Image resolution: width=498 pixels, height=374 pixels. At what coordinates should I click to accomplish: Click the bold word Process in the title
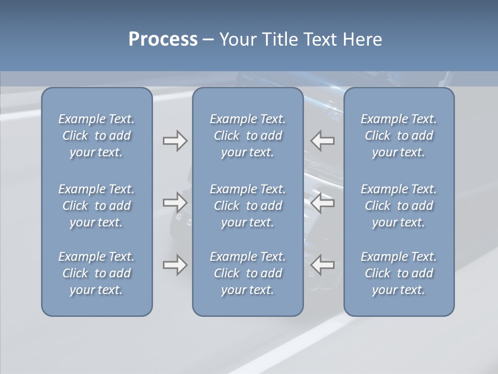(x=163, y=39)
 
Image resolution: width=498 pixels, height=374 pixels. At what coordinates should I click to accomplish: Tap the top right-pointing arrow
(x=175, y=141)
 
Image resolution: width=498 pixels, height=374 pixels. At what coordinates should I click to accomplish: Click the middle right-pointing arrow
(x=175, y=202)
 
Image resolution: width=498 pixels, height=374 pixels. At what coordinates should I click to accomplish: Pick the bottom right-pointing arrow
(x=175, y=265)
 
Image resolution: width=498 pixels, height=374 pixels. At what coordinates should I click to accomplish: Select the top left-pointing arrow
(x=323, y=141)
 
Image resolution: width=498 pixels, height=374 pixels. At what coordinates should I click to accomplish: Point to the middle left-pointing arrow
(x=323, y=202)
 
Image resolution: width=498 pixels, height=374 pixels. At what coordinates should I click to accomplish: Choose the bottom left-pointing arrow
(x=323, y=265)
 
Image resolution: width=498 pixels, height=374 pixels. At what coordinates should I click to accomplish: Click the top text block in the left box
(x=96, y=136)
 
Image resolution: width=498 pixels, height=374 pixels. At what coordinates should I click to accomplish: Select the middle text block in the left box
(x=96, y=206)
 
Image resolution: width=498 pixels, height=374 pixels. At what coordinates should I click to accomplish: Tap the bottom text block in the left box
(x=96, y=273)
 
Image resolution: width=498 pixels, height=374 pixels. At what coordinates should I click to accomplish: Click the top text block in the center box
(x=247, y=136)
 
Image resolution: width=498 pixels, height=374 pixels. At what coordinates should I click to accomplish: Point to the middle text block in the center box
(x=247, y=206)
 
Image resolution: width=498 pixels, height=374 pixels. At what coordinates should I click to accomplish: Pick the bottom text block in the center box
(x=247, y=273)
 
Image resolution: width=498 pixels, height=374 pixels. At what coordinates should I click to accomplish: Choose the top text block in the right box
(x=398, y=136)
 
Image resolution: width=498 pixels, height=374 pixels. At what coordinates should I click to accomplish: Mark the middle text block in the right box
(x=398, y=206)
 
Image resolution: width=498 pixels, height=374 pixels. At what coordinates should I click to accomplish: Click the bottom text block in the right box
(x=398, y=273)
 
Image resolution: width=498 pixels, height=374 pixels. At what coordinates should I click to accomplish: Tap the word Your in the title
(x=237, y=39)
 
